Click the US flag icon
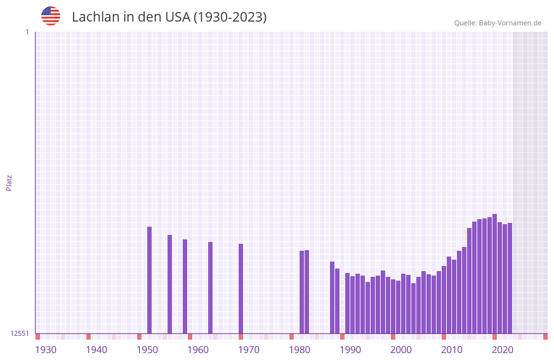pos(51,16)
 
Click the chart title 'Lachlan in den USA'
pos(169,17)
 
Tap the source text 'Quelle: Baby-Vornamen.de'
pos(498,23)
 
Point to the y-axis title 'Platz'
pos(9,182)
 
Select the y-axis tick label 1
pos(27,32)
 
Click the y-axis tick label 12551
pos(20,333)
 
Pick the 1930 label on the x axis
pos(46,350)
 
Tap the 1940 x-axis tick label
pos(96,350)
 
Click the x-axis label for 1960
pos(198,350)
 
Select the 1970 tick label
pos(249,350)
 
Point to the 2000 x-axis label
pos(401,350)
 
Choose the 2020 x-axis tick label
pos(503,350)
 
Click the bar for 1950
pos(150,280)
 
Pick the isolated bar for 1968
pos(241,289)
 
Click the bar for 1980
pos(302,292)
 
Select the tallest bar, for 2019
pos(495,274)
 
